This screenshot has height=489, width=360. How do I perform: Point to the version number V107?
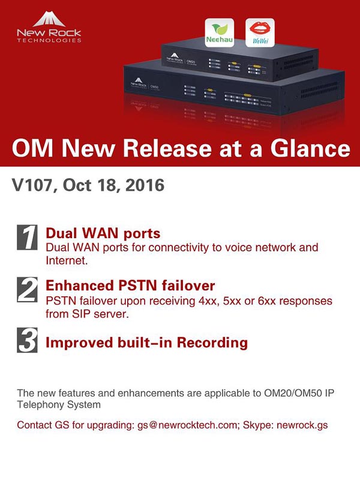pyautogui.click(x=32, y=185)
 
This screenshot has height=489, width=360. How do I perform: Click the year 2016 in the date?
pyautogui.click(x=143, y=185)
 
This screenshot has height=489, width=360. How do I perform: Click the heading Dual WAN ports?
pyautogui.click(x=103, y=233)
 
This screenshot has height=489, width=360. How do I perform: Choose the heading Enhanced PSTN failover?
pyautogui.click(x=130, y=285)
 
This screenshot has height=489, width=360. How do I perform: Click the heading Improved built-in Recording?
pyautogui.click(x=146, y=343)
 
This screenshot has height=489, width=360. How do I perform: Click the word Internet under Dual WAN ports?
pyautogui.click(x=66, y=261)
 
